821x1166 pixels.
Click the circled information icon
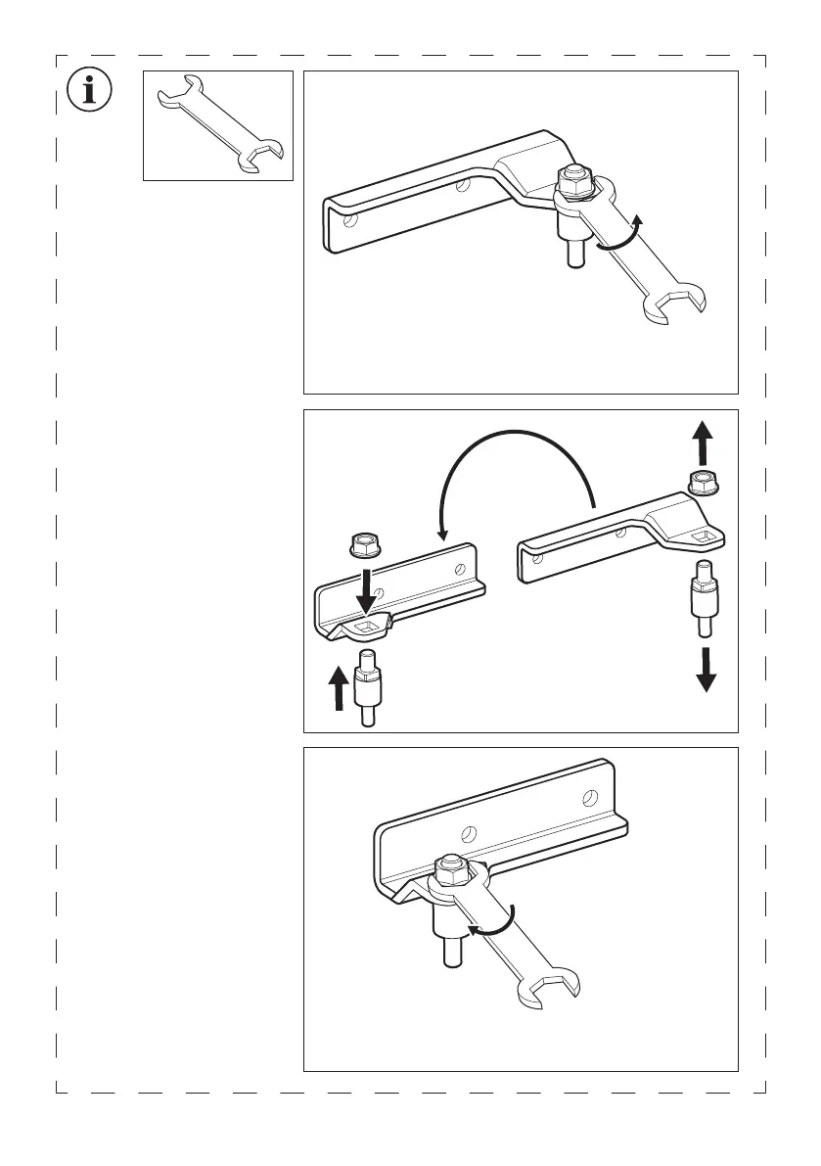coord(90,92)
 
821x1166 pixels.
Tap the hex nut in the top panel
coord(571,179)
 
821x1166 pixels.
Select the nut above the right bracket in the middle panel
coord(703,482)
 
